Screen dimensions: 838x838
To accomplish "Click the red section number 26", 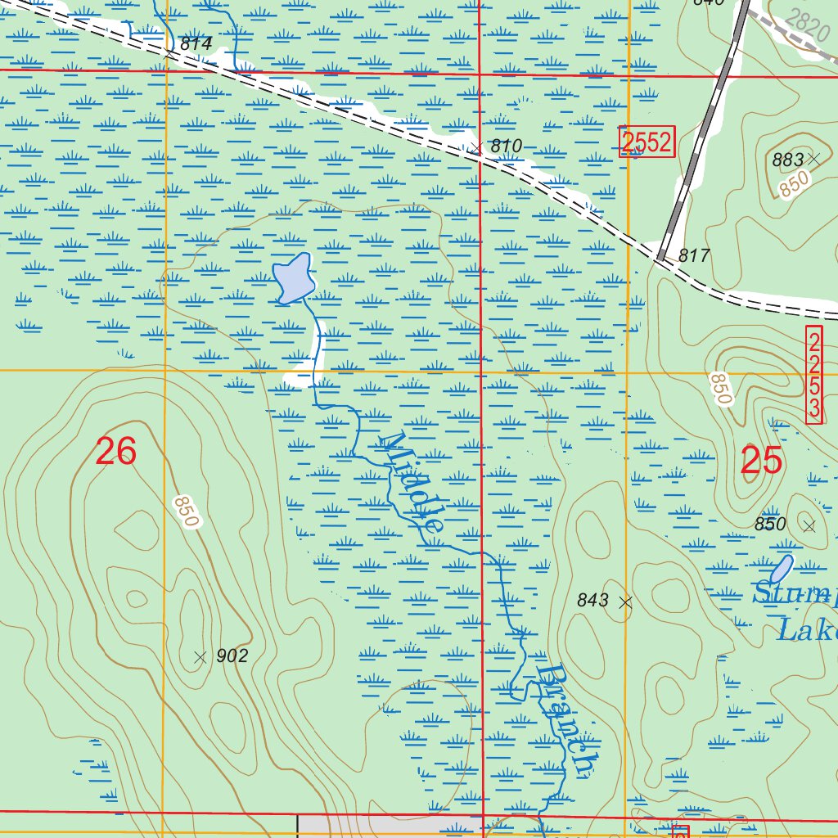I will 115,452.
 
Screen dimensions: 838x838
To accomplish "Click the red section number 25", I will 761,462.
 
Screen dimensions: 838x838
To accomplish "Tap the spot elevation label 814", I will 196,44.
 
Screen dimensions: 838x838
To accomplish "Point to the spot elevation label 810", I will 506,146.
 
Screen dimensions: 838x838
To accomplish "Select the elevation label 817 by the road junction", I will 693,256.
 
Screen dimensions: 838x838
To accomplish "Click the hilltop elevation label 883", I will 788,160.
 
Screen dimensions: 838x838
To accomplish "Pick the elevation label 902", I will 232,656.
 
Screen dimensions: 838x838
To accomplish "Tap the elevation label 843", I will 592,601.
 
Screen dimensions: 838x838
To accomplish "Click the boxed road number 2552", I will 647,142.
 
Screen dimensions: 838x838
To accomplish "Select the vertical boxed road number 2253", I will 813,376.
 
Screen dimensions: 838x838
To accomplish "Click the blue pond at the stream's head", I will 294,279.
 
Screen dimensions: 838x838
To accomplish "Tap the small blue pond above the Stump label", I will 782,569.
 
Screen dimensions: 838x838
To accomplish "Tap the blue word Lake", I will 806,631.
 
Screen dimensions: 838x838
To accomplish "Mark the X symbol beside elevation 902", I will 199,656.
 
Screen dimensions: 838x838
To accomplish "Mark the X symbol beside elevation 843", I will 626,602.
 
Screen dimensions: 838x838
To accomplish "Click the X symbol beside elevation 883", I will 813,158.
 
